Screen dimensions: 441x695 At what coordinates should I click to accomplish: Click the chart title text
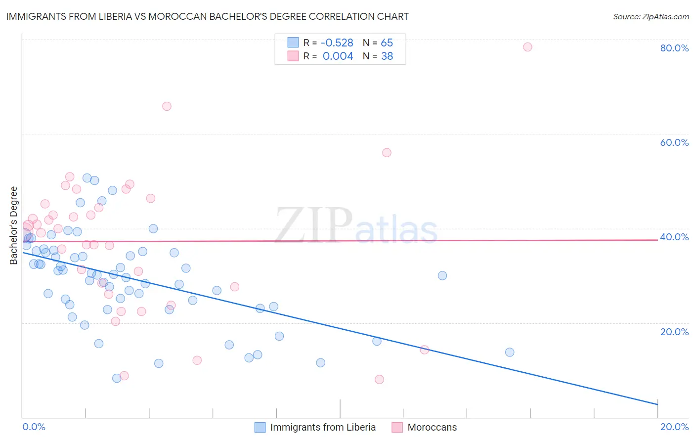pyautogui.click(x=207, y=16)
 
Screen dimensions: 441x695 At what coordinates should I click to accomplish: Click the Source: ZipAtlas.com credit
pyautogui.click(x=651, y=17)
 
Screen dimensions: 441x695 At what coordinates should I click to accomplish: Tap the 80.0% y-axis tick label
pyautogui.click(x=674, y=48)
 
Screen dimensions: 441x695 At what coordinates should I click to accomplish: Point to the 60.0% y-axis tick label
pyautogui.click(x=674, y=142)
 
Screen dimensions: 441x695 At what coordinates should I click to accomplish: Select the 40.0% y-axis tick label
pyautogui.click(x=674, y=237)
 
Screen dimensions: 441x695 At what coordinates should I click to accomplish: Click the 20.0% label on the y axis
pyautogui.click(x=674, y=332)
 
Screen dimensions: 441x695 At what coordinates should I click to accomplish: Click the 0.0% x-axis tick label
pyautogui.click(x=34, y=427)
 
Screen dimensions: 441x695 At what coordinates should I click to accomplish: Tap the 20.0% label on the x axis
pyautogui.click(x=674, y=427)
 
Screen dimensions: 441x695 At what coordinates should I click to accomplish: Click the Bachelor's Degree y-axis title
pyautogui.click(x=14, y=225)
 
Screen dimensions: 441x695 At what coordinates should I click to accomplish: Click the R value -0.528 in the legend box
pyautogui.click(x=337, y=43)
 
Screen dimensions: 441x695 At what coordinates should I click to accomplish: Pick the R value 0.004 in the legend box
pyautogui.click(x=338, y=56)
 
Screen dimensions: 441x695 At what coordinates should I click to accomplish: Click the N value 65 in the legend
pyautogui.click(x=387, y=43)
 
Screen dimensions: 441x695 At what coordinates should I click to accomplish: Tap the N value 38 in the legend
pyautogui.click(x=387, y=56)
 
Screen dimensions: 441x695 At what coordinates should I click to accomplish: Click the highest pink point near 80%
pyautogui.click(x=527, y=47)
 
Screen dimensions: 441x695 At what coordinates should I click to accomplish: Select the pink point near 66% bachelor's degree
pyautogui.click(x=167, y=106)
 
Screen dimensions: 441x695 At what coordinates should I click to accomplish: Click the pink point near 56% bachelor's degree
pyautogui.click(x=387, y=153)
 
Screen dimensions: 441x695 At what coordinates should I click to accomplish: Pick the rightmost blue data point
pyautogui.click(x=510, y=353)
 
